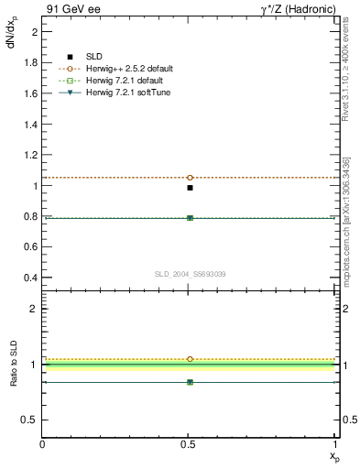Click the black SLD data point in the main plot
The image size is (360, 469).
[190, 187]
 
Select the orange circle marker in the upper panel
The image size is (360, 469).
[190, 177]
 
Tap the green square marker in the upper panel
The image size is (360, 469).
[190, 218]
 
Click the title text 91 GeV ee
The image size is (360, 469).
[69, 9]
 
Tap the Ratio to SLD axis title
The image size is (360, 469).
[14, 378]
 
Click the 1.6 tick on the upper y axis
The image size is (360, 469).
[32, 93]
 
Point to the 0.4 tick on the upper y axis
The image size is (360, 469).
[32, 278]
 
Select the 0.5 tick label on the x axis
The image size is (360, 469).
[190, 444]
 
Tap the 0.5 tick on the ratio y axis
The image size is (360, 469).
[32, 420]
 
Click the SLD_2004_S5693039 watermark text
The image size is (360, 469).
[190, 274]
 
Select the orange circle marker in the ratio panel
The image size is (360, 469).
[190, 359]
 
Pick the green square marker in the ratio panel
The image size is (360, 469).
[190, 381]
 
